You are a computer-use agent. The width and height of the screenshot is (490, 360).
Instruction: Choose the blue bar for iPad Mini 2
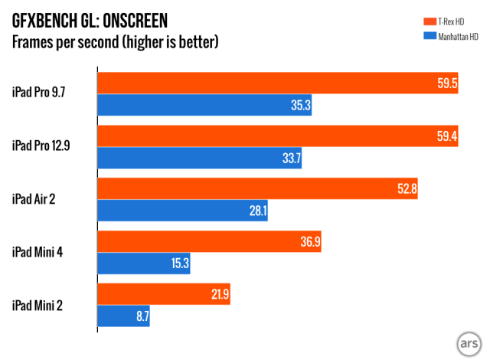[123, 316]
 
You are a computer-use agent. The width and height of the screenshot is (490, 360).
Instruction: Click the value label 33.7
[292, 159]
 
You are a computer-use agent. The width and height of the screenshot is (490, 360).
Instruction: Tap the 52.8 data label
[403, 189]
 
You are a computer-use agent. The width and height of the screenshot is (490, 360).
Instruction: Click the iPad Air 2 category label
[38, 199]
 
